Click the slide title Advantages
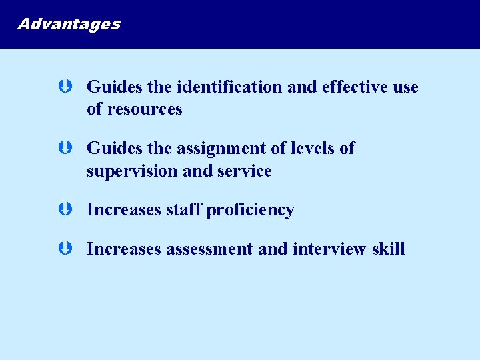(x=69, y=24)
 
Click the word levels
(x=307, y=148)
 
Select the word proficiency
(x=250, y=211)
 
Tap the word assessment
(x=209, y=249)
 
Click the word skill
(x=389, y=249)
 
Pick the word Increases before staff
(x=124, y=210)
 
